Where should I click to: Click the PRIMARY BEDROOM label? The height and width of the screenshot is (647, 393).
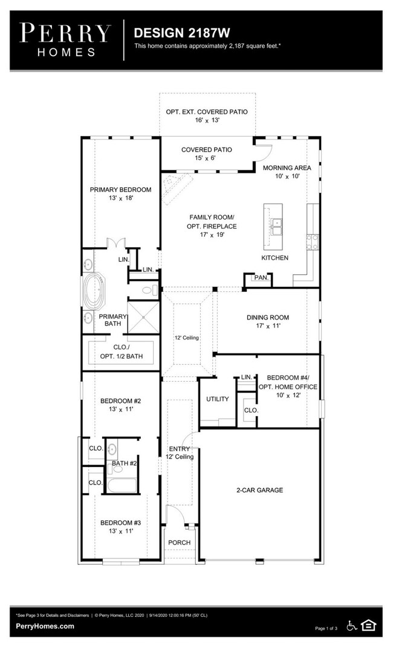(x=120, y=190)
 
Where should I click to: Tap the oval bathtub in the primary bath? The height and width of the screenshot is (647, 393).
(x=93, y=291)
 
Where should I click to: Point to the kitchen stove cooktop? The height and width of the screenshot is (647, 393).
(x=313, y=242)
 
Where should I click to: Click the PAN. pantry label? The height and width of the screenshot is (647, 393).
(x=261, y=278)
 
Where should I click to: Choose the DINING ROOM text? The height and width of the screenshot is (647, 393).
(x=267, y=317)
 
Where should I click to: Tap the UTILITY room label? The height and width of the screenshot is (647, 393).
(x=218, y=399)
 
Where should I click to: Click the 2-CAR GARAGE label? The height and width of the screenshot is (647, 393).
(x=259, y=490)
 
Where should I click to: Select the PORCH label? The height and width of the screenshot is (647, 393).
(x=179, y=542)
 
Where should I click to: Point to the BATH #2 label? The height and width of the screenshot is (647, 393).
(x=125, y=463)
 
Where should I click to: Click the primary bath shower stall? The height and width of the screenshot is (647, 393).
(x=143, y=317)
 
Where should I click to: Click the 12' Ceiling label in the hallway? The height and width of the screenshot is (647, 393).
(x=187, y=338)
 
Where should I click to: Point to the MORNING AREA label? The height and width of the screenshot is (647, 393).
(x=287, y=168)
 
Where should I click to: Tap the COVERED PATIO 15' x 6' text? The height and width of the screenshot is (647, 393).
(x=206, y=153)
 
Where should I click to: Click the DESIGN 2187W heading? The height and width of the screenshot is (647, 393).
(x=182, y=33)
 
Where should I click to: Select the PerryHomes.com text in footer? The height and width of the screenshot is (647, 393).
(x=45, y=626)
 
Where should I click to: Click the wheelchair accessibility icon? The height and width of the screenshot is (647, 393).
(x=352, y=626)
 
